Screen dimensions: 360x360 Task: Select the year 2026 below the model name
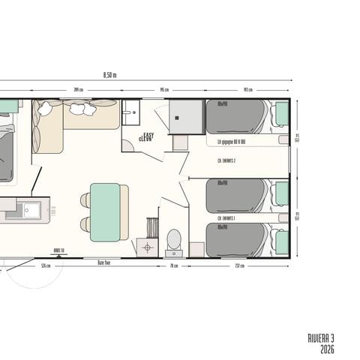click(327, 349)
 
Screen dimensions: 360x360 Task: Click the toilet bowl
click(173, 239)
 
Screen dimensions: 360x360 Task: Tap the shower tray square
click(187, 116)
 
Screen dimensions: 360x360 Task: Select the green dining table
click(105, 211)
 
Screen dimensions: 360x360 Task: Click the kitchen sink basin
click(31, 210)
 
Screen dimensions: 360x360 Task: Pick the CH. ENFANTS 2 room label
click(227, 160)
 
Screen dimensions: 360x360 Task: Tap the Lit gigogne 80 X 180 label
click(232, 140)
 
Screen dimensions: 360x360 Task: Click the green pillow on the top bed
click(282, 114)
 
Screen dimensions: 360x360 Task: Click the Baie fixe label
click(104, 262)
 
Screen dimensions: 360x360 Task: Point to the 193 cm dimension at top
click(247, 90)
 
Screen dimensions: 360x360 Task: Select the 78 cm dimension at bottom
click(174, 265)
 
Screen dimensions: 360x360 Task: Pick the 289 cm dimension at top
click(78, 90)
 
